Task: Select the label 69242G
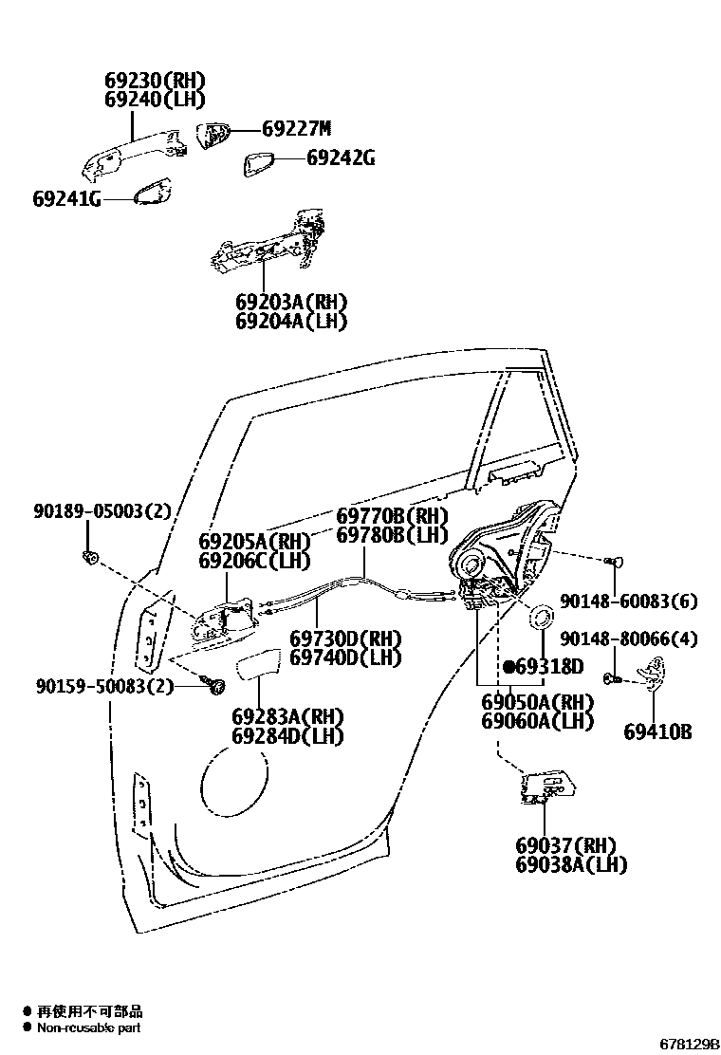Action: [340, 158]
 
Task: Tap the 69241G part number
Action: [65, 199]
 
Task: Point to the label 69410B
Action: [656, 731]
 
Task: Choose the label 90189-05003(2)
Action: [102, 512]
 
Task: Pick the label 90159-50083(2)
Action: [104, 685]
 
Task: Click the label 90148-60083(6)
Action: [628, 601]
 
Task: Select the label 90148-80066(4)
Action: [628, 639]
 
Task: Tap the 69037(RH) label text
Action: [565, 845]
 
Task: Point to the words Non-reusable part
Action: [89, 1027]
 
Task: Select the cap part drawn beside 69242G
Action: [259, 162]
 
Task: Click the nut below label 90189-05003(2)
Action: [90, 556]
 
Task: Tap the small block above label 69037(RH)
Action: [546, 787]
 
